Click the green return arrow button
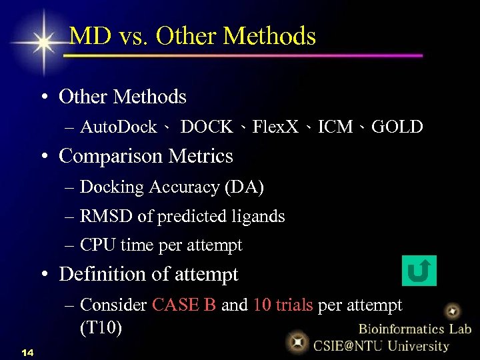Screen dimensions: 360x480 tap(419, 271)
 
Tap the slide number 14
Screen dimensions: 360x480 tap(27, 351)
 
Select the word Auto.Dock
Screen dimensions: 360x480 tap(118, 127)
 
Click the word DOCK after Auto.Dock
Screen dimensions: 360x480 tap(207, 127)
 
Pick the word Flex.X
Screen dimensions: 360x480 tap(275, 127)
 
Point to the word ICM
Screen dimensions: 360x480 tap(335, 127)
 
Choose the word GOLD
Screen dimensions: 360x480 tap(397, 127)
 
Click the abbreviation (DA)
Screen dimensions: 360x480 tap(245, 187)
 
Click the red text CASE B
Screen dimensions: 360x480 tap(184, 305)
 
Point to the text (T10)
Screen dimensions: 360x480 tap(101, 329)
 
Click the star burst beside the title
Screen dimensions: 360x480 tap(44, 42)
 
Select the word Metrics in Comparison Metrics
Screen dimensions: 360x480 tap(201, 156)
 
